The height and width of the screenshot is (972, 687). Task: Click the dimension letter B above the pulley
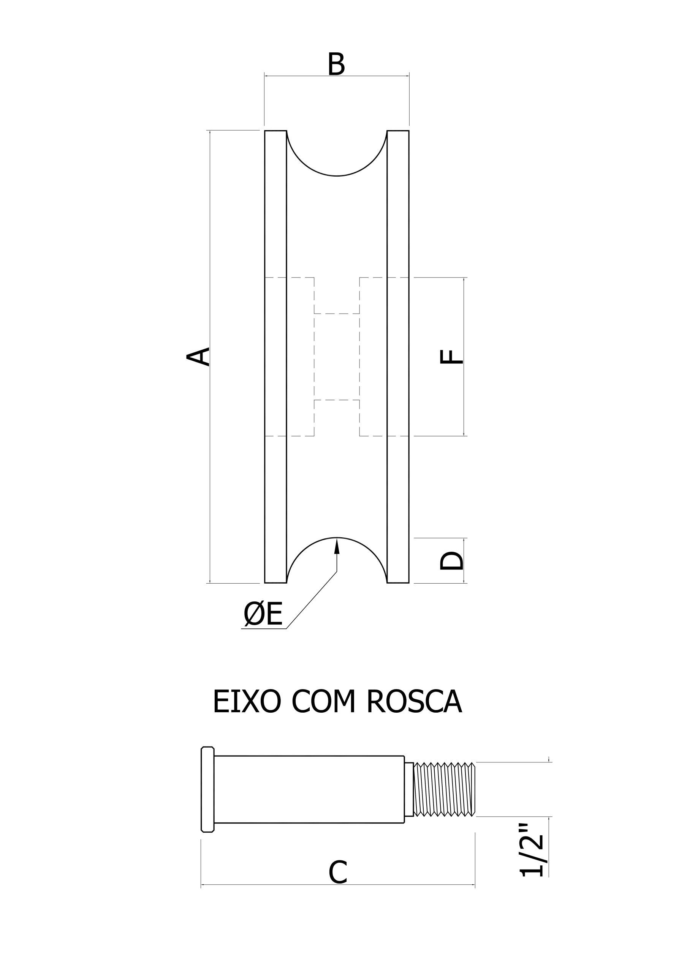pos(336,64)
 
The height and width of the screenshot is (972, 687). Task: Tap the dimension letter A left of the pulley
pos(198,357)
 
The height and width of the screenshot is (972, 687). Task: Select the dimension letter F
pos(451,357)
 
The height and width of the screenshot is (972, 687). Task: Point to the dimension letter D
pos(451,560)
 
